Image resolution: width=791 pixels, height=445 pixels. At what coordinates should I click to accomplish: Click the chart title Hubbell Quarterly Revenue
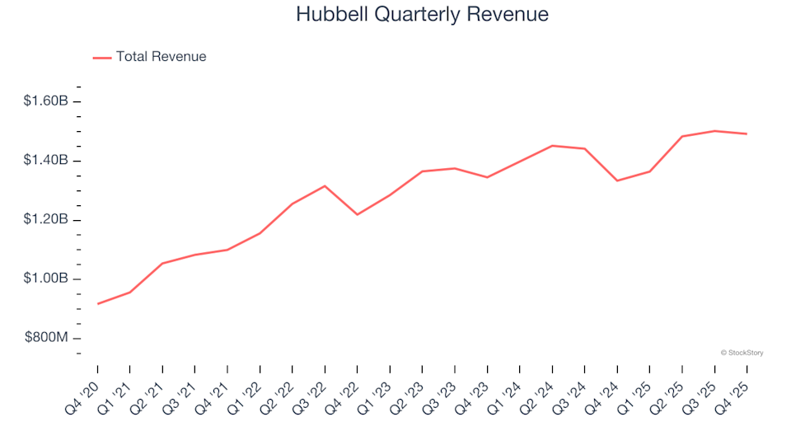pyautogui.click(x=421, y=15)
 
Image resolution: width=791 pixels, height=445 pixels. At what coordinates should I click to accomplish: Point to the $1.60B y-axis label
pyautogui.click(x=45, y=101)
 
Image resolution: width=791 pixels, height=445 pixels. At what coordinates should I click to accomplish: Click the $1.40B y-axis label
pyautogui.click(x=45, y=161)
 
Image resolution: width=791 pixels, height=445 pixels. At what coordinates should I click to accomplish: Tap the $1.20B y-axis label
pyautogui.click(x=45, y=220)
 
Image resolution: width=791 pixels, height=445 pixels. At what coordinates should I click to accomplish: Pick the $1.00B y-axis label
pyautogui.click(x=45, y=279)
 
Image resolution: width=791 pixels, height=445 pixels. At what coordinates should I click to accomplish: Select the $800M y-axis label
pyautogui.click(x=45, y=339)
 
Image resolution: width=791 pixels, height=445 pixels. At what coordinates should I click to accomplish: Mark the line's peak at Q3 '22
pyautogui.click(x=325, y=185)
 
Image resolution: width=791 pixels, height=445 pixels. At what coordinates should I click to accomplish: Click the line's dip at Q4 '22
pyautogui.click(x=357, y=214)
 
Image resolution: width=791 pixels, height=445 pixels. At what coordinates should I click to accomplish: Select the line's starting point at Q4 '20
pyautogui.click(x=97, y=304)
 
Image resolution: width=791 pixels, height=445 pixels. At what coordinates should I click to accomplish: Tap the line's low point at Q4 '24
pyautogui.click(x=617, y=180)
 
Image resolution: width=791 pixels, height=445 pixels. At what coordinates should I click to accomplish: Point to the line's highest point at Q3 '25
pyautogui.click(x=714, y=131)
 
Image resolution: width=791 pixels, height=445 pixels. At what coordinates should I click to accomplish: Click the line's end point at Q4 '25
pyautogui.click(x=747, y=133)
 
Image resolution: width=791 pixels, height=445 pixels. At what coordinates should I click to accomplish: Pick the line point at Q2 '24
pyautogui.click(x=552, y=146)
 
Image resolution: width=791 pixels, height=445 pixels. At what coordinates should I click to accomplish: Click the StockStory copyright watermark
pyautogui.click(x=742, y=353)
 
